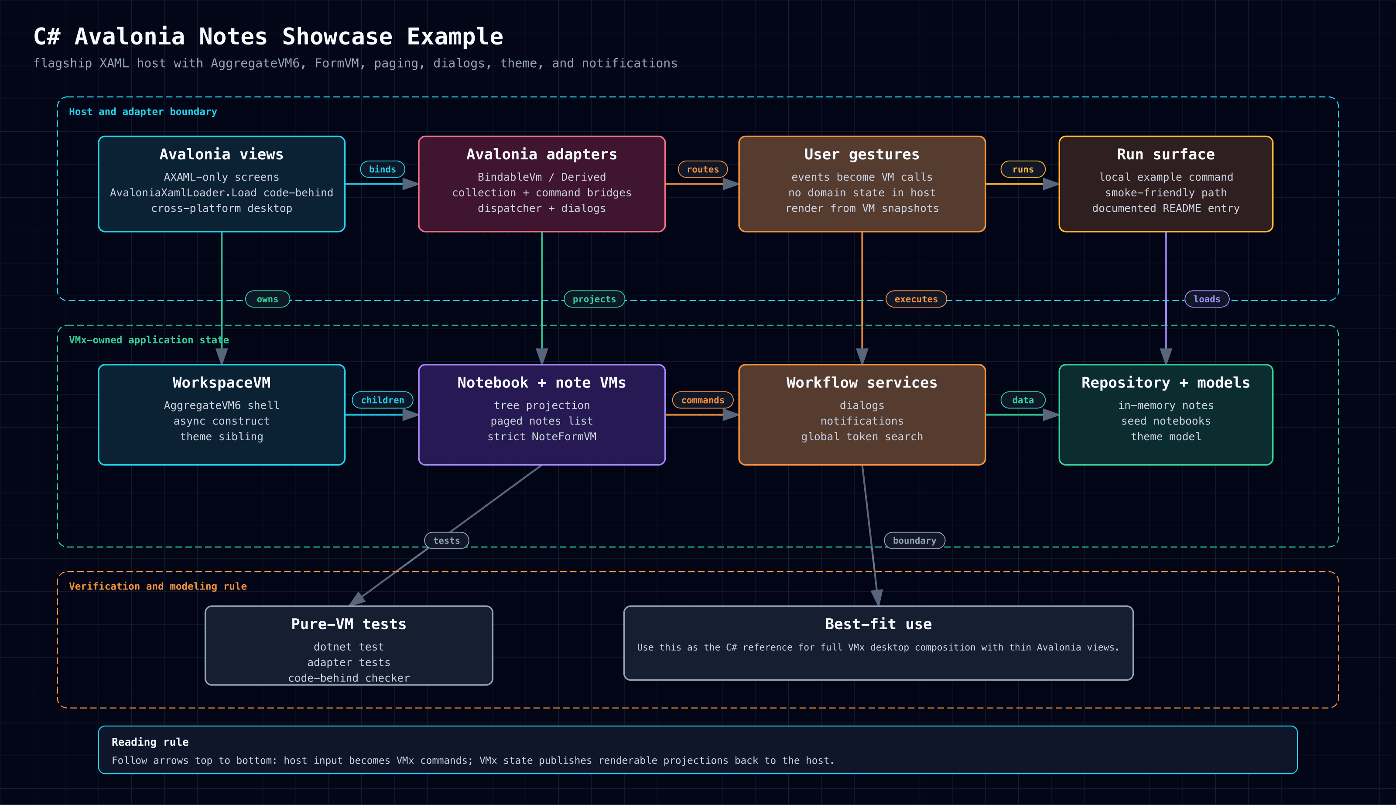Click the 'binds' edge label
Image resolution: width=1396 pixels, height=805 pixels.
(x=383, y=169)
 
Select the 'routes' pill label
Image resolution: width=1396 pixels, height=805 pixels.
(x=702, y=169)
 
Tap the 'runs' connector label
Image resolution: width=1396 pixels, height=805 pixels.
(x=1023, y=169)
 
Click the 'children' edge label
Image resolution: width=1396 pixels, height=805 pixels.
(x=383, y=400)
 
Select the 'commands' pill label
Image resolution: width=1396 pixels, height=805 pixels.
(x=702, y=400)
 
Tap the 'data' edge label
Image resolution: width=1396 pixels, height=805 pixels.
(x=1023, y=400)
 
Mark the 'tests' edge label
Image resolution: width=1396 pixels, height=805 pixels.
(x=447, y=540)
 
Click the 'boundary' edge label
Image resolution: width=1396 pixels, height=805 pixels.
(x=915, y=540)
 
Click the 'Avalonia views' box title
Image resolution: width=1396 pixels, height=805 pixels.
(x=222, y=154)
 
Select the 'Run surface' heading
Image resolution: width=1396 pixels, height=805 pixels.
(x=1166, y=154)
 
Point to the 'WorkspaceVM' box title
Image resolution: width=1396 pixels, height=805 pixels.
(x=222, y=383)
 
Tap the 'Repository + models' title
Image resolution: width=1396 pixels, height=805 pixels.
(x=1166, y=383)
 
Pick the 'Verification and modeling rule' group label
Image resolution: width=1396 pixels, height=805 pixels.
(x=157, y=586)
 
